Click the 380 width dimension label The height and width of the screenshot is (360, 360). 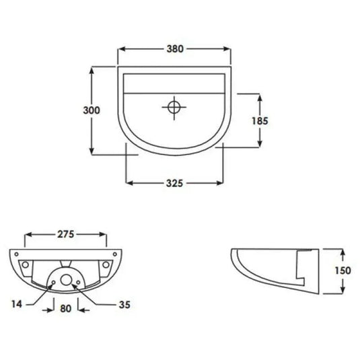(x=175, y=49)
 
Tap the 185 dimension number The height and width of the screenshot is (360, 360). (x=260, y=121)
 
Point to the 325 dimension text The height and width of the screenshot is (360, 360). (x=175, y=182)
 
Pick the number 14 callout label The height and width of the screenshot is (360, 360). (x=17, y=304)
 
